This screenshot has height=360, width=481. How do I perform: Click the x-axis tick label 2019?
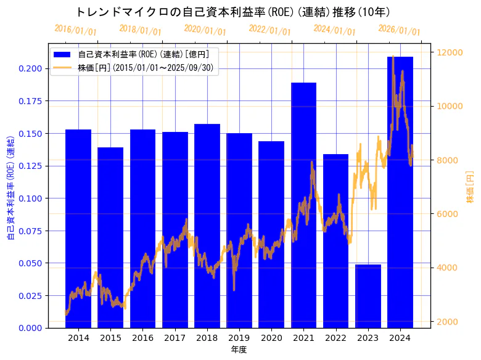click(239, 338)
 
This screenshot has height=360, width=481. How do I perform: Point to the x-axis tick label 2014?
click(78, 338)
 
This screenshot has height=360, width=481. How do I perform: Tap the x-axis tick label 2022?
click(335, 338)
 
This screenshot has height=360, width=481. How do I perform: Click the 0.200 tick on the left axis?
click(31, 68)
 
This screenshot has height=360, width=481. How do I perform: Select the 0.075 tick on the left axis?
click(31, 231)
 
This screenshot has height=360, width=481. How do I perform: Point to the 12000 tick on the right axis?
click(451, 52)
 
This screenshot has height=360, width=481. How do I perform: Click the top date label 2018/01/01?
click(140, 30)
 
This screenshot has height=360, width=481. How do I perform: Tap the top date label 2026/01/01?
click(399, 30)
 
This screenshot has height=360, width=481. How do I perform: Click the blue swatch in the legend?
click(63, 54)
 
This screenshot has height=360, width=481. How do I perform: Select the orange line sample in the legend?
click(63, 68)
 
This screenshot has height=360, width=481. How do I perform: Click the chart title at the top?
click(232, 12)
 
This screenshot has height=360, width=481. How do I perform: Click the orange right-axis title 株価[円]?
click(470, 187)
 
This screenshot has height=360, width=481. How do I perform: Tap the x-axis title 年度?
click(239, 350)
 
